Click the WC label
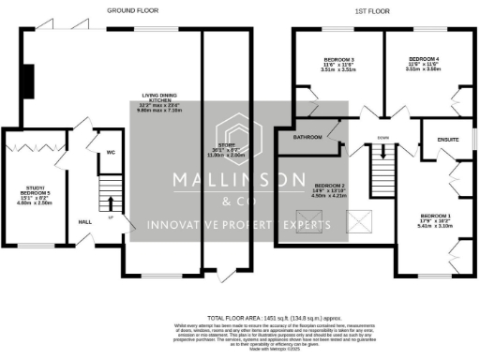click(110, 149)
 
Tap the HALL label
click(84, 222)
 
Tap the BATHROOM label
click(307, 138)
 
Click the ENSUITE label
click(448, 140)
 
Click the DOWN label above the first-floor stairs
click(382, 138)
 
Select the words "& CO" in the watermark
click(238, 201)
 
